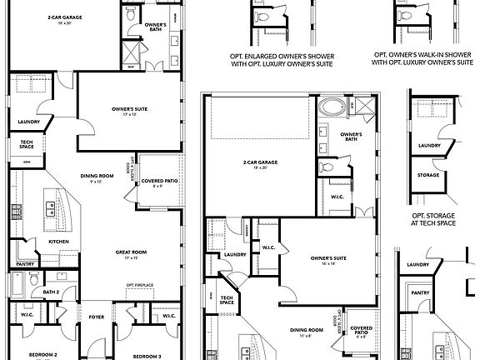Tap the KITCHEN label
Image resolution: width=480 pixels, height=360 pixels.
pyautogui.click(x=57, y=242)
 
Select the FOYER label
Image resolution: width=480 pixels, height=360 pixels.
pyautogui.click(x=97, y=316)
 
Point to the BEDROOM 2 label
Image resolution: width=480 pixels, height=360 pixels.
pyautogui.click(x=43, y=355)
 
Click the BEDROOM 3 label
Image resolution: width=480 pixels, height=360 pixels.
pyautogui.click(x=147, y=355)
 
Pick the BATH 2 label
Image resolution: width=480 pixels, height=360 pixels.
pyautogui.click(x=51, y=292)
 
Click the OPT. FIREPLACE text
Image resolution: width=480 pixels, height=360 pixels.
pyautogui.click(x=140, y=285)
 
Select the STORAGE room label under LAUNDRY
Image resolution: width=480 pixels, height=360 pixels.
pyautogui.click(x=428, y=175)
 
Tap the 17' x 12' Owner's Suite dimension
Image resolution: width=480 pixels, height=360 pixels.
pyautogui.click(x=129, y=114)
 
